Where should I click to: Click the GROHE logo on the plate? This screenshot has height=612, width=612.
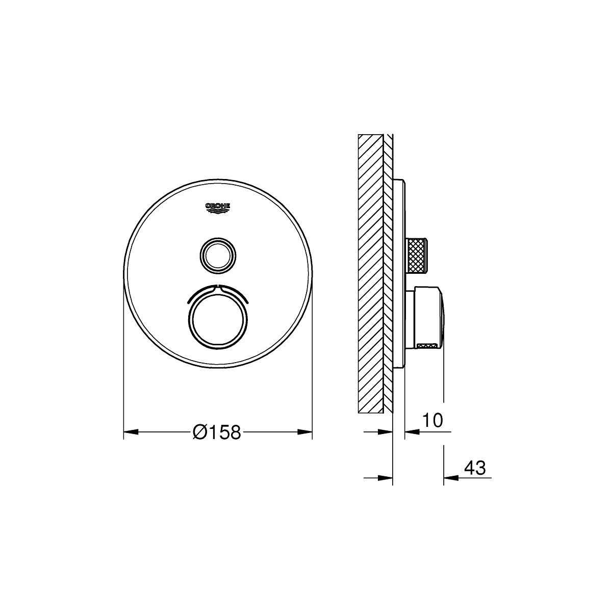(218, 209)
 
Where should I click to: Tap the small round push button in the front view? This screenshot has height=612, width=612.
(218, 254)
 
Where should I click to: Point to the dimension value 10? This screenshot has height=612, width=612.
(432, 420)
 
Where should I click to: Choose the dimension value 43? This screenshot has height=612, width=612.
(475, 468)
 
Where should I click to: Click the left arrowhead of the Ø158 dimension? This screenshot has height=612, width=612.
(131, 432)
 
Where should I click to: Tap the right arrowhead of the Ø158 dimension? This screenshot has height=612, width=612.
(305, 432)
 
